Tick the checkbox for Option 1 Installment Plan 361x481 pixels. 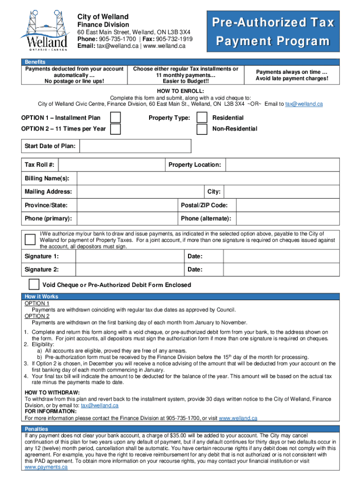pyautogui.click(x=115, y=117)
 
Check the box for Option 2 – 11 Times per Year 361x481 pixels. pyautogui.click(x=115, y=129)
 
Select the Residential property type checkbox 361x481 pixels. pyautogui.click(x=202, y=117)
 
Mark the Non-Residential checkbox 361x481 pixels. pyautogui.click(x=202, y=129)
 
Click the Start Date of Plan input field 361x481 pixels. pyautogui.click(x=135, y=146)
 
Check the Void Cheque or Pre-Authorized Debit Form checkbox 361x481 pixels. pyautogui.click(x=34, y=284)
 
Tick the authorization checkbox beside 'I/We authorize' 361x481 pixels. pyautogui.click(x=30, y=240)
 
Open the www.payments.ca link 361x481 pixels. pyautogui.click(x=46, y=467)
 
